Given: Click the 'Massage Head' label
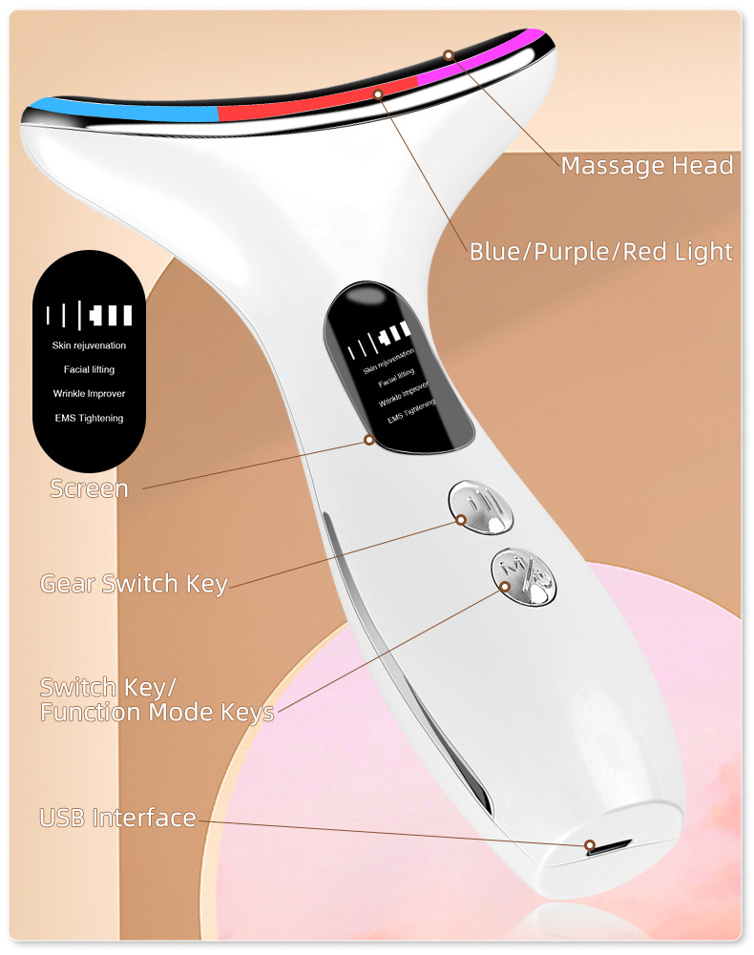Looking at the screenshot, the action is click(x=647, y=166).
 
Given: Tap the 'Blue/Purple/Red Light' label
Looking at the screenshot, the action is click(x=600, y=252).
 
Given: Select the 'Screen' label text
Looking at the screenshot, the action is click(x=89, y=488).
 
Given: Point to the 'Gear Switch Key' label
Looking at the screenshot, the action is click(x=134, y=584).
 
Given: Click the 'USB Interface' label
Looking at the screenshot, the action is click(x=117, y=818).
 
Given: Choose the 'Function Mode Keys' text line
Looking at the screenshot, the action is click(x=157, y=712).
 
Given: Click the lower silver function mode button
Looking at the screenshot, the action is click(x=524, y=576).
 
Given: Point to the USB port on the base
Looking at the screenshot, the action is click(x=610, y=846).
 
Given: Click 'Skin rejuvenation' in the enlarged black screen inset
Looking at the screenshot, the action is click(x=89, y=345).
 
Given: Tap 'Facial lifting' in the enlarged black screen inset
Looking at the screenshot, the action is click(x=89, y=369).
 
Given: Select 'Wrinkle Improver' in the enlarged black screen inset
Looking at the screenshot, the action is click(x=89, y=393).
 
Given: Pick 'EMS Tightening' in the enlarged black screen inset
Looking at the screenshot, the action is click(x=89, y=418).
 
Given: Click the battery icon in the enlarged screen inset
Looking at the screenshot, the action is click(x=111, y=316).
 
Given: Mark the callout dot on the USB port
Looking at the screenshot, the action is click(x=590, y=844).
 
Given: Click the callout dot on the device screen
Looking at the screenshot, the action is click(x=368, y=439).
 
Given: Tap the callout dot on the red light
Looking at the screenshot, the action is click(x=378, y=94).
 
